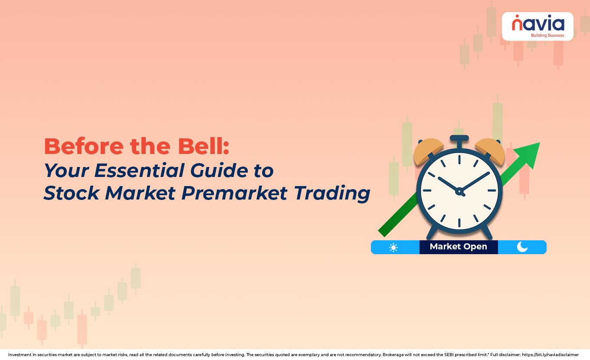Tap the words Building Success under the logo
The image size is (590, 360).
[544, 35]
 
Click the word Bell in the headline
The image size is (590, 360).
[204, 147]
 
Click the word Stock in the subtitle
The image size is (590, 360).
[69, 193]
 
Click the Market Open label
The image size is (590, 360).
[458, 247]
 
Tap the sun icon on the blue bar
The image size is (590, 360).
[393, 247]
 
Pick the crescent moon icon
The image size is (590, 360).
[522, 247]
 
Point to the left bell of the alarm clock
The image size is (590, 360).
[427, 151]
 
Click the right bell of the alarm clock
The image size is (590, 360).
[491, 151]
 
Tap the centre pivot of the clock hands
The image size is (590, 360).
[459, 190]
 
